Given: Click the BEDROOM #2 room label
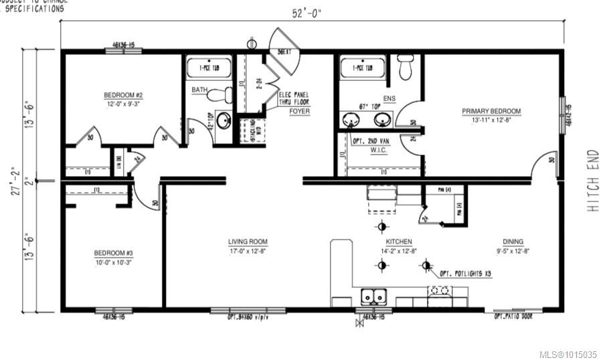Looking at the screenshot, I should (x=123, y=95).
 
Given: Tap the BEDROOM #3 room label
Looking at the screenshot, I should (x=113, y=253).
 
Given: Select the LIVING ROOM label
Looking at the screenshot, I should (x=247, y=242).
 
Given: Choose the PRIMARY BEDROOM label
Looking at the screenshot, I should (x=491, y=111).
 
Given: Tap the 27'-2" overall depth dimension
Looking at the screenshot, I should (x=26, y=180).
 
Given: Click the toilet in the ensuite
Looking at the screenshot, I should (x=406, y=67).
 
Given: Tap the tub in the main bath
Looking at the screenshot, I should (x=208, y=68).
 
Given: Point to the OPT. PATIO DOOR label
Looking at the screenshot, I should (x=513, y=317).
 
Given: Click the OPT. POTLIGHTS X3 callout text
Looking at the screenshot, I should (x=467, y=274).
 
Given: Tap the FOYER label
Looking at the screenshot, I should (x=299, y=111).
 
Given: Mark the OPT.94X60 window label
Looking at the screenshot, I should (x=248, y=317).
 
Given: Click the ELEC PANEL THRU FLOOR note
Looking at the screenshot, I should (x=294, y=99).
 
